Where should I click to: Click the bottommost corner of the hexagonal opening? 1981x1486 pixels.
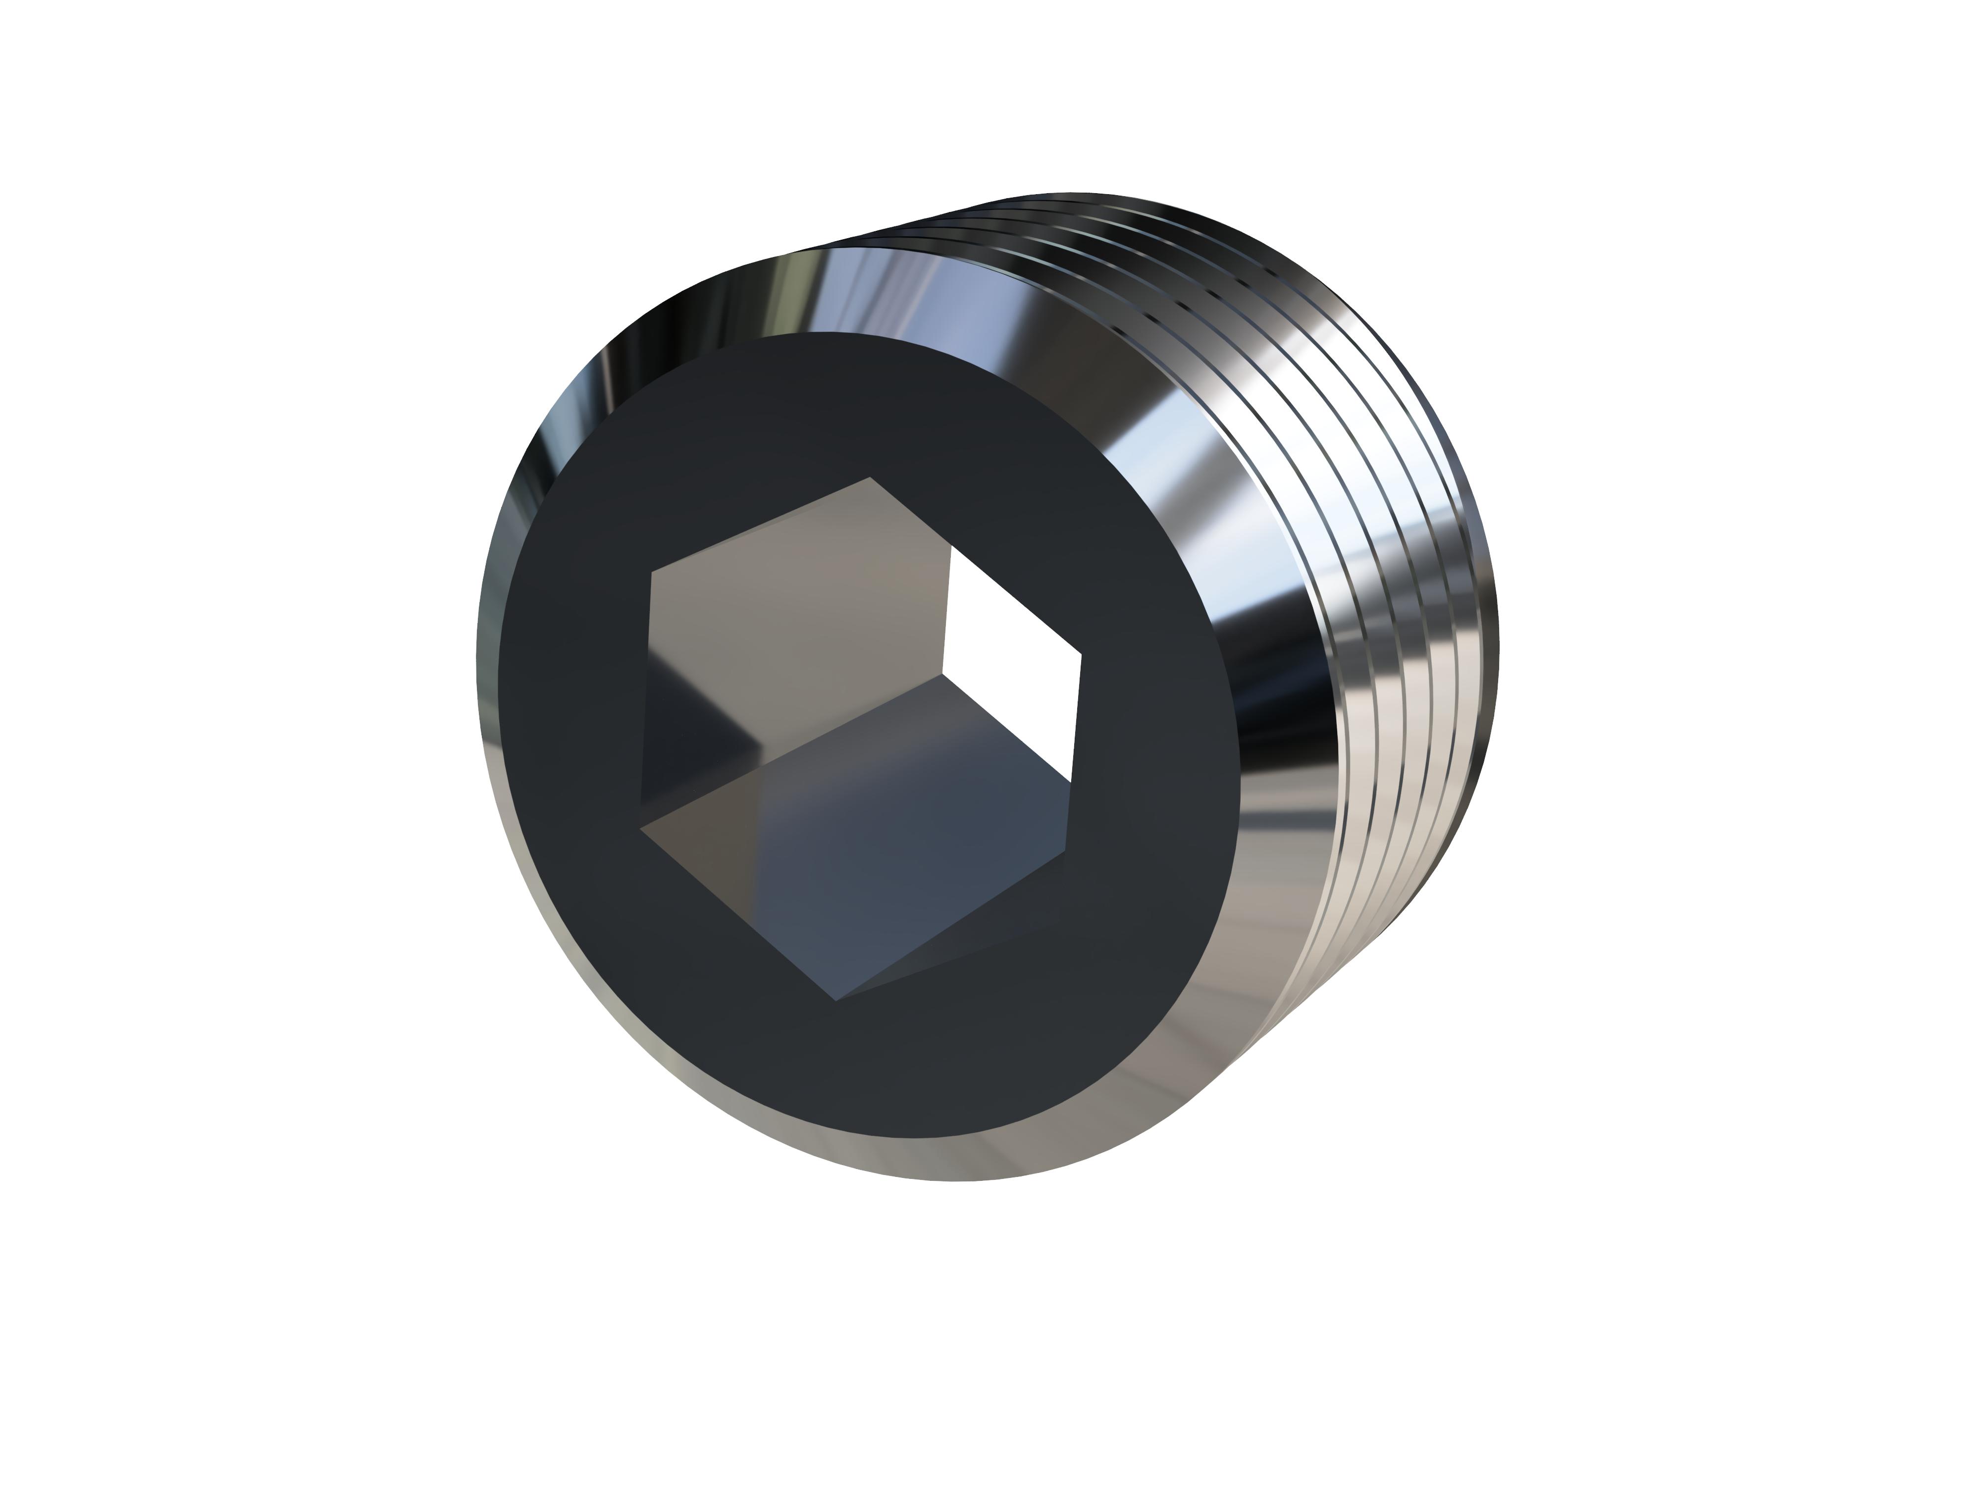[834, 1001]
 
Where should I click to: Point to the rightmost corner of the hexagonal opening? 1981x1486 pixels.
[1082, 656]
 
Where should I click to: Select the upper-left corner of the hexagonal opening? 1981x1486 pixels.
[651, 571]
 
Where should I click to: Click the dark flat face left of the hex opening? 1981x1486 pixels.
[564, 717]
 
